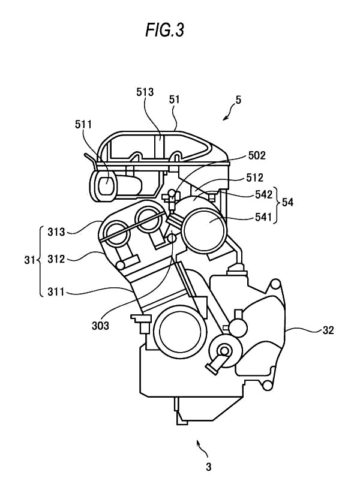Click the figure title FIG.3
tap(165, 30)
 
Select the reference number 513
tap(145, 92)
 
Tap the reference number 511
tap(83, 124)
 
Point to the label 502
tap(257, 155)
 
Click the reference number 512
tap(254, 178)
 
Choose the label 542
tap(263, 194)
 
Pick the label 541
tap(263, 217)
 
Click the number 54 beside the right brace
tap(287, 202)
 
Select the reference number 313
tap(56, 232)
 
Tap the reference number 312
tap(56, 259)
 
